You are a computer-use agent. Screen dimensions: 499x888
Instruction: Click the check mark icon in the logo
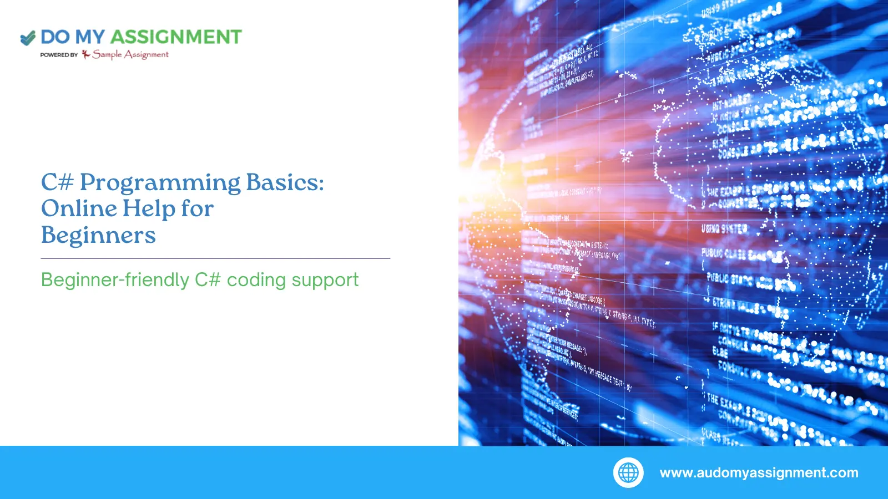pyautogui.click(x=28, y=38)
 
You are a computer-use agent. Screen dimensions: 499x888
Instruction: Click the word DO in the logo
pyautogui.click(x=55, y=37)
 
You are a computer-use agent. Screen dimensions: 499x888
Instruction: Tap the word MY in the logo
pyautogui.click(x=89, y=37)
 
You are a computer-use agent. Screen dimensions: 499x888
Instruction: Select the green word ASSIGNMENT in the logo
pyautogui.click(x=176, y=37)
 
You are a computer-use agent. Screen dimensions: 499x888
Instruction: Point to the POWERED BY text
pyautogui.click(x=59, y=55)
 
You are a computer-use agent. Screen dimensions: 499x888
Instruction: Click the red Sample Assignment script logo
pyautogui.click(x=126, y=54)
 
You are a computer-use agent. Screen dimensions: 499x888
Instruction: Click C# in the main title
pyautogui.click(x=57, y=182)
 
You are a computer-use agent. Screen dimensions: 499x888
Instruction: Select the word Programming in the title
pyautogui.click(x=160, y=183)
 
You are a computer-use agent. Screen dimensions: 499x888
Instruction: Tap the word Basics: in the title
pyautogui.click(x=285, y=182)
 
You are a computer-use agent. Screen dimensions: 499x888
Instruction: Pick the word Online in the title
pyautogui.click(x=79, y=208)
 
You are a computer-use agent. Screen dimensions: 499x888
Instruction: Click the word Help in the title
pyautogui.click(x=149, y=209)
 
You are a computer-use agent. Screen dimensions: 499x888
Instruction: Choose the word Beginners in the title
pyautogui.click(x=98, y=235)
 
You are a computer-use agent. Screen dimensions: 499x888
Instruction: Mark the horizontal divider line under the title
pyautogui.click(x=215, y=258)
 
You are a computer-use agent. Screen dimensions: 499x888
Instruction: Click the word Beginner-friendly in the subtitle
pyautogui.click(x=115, y=280)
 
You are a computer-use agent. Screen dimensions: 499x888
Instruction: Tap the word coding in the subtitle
pyautogui.click(x=256, y=280)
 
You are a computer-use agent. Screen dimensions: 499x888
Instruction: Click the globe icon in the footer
pyautogui.click(x=628, y=473)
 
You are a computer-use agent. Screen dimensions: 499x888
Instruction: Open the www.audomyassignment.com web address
pyautogui.click(x=759, y=473)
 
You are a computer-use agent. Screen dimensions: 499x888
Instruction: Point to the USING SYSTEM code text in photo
pyautogui.click(x=725, y=228)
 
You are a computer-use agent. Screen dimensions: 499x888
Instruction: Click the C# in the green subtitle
pyautogui.click(x=208, y=280)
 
